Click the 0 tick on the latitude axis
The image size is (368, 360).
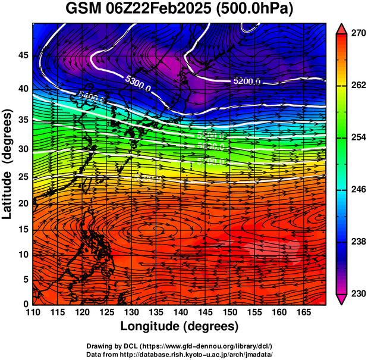(x=25, y=304)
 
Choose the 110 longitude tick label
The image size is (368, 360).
(x=33, y=312)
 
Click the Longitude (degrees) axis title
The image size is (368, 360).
(x=179, y=327)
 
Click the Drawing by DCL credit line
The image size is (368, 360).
(x=179, y=346)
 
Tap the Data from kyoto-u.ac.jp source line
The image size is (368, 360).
(x=179, y=354)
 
